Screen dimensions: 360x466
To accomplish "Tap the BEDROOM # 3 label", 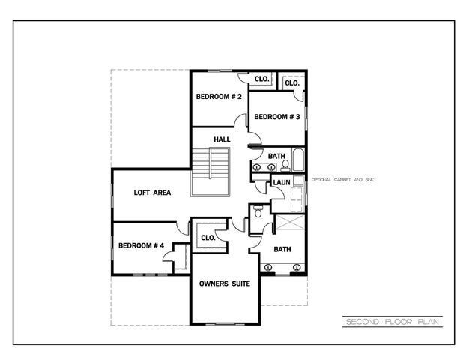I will pyautogui.click(x=276, y=117).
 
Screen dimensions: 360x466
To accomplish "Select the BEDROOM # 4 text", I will pyautogui.click(x=140, y=245).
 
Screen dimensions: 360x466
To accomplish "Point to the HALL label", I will pyautogui.click(x=222, y=139).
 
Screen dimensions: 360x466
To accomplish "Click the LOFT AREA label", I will pyautogui.click(x=152, y=193).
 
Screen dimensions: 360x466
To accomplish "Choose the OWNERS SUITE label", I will pyautogui.click(x=224, y=284).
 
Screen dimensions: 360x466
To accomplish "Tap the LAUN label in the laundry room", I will pyautogui.click(x=282, y=182).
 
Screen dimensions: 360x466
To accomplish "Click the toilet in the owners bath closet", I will pyautogui.click(x=258, y=213).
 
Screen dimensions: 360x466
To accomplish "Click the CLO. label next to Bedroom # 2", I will pyautogui.click(x=261, y=79).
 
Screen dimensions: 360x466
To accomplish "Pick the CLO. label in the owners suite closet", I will pyautogui.click(x=208, y=238).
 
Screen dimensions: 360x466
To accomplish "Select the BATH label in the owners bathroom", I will pyautogui.click(x=282, y=249).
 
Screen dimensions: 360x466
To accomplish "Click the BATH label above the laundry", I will pyautogui.click(x=277, y=156).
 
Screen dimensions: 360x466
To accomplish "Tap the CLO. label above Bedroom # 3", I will pyautogui.click(x=292, y=82).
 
